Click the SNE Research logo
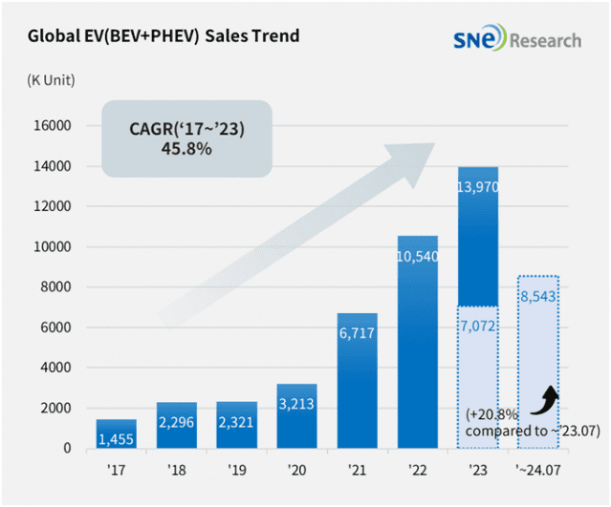[x=516, y=39]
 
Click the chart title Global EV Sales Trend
[x=164, y=36]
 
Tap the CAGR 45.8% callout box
[x=188, y=139]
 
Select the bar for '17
[x=116, y=433]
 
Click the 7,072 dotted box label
[x=478, y=326]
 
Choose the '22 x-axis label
[x=417, y=471]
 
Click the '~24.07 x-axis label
[x=538, y=471]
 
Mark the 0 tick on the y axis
[x=67, y=449]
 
